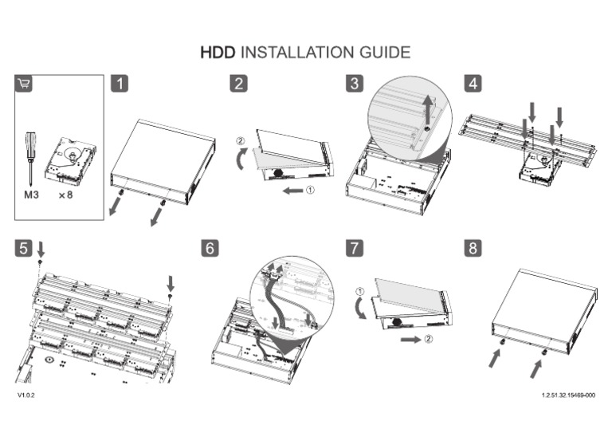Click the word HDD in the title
[x=218, y=53]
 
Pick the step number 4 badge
[x=473, y=83]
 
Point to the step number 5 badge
[x=24, y=248]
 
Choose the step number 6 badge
[x=210, y=248]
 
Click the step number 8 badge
[x=473, y=248]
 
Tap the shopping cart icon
[x=24, y=84]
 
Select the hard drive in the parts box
[x=71, y=159]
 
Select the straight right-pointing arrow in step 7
[x=410, y=339]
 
